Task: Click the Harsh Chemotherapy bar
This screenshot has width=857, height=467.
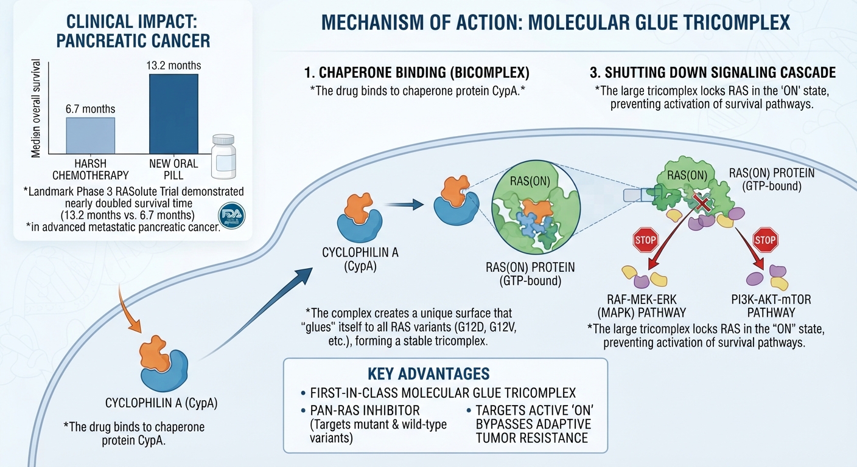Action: (x=91, y=136)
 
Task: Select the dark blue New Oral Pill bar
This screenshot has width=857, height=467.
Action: (x=173, y=114)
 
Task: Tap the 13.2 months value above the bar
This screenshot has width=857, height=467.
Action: (x=173, y=65)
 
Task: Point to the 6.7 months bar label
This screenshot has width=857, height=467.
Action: (x=90, y=109)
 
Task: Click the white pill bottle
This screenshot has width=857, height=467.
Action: (x=224, y=156)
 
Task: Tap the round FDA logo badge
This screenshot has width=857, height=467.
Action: (x=232, y=216)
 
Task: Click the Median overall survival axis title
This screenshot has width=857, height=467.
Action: (x=36, y=108)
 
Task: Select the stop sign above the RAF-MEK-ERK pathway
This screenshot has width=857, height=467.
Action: (x=646, y=240)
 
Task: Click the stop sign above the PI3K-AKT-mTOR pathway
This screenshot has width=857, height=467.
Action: (x=765, y=240)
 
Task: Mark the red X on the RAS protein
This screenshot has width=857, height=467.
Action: (x=703, y=202)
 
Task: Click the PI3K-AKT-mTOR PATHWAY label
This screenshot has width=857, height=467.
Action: (x=771, y=306)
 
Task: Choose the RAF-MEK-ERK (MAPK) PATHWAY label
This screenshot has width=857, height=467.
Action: (x=642, y=306)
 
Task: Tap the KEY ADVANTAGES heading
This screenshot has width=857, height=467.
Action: (x=428, y=374)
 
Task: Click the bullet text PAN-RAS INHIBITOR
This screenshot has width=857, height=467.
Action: (x=365, y=410)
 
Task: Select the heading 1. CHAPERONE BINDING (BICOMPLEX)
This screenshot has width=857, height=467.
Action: (x=417, y=72)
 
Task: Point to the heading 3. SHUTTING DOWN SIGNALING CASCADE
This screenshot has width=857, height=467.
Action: (x=713, y=72)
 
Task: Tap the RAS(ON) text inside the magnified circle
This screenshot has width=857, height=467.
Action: (x=530, y=181)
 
